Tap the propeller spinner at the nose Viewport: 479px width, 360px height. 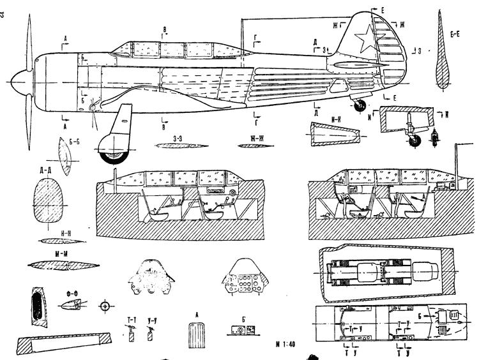click(19, 82)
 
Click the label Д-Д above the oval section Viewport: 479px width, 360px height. click(45, 170)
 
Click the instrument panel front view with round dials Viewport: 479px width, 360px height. click(245, 279)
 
